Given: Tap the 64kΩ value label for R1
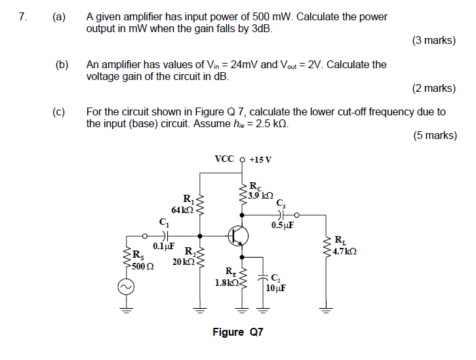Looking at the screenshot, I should (182, 210).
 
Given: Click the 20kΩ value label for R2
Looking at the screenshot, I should (182, 262).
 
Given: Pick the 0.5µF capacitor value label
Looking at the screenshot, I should (282, 226).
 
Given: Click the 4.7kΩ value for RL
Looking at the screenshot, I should (344, 251).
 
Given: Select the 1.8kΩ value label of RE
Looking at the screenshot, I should (226, 283).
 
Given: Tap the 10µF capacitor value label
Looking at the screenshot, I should (276, 287).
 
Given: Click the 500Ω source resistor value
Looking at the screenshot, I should (142, 266).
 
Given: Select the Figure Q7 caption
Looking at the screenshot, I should (237, 332).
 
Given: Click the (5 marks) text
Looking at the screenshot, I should (435, 136).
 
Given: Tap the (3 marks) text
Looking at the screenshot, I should (433, 41).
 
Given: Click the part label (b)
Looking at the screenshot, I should (62, 65).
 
